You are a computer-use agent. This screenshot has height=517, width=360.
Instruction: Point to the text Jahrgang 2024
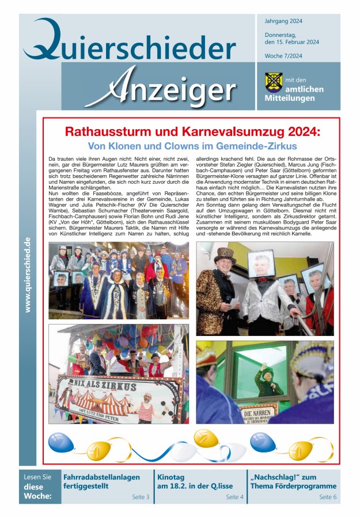pyautogui.click(x=283, y=21)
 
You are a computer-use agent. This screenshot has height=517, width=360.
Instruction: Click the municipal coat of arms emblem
pyautogui.click(x=273, y=82)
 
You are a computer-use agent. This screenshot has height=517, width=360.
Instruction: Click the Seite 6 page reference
pyautogui.click(x=328, y=496)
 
